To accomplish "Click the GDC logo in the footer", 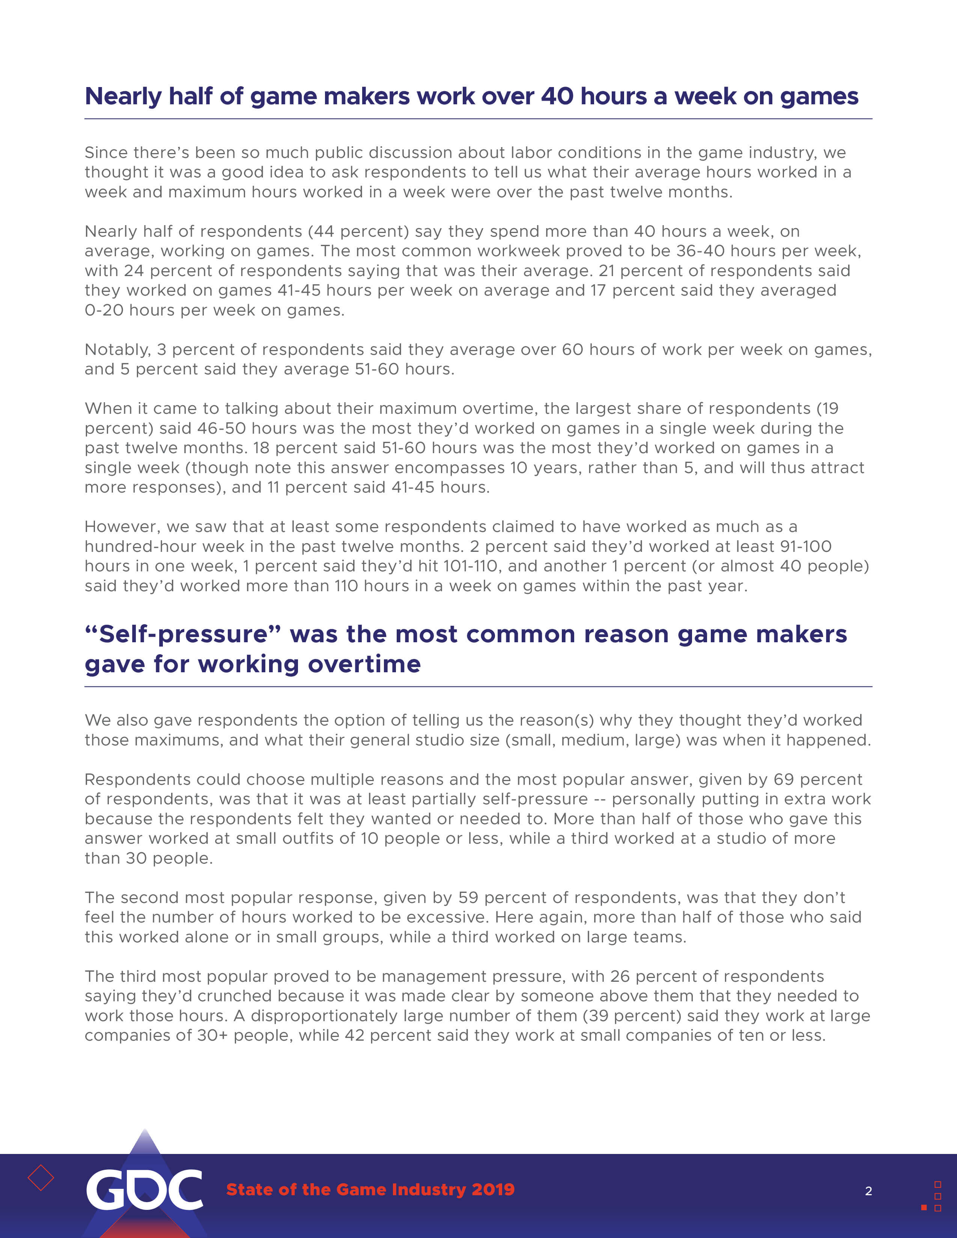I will coord(144,1189).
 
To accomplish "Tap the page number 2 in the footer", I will coord(868,1191).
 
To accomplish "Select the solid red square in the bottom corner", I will coord(924,1207).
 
